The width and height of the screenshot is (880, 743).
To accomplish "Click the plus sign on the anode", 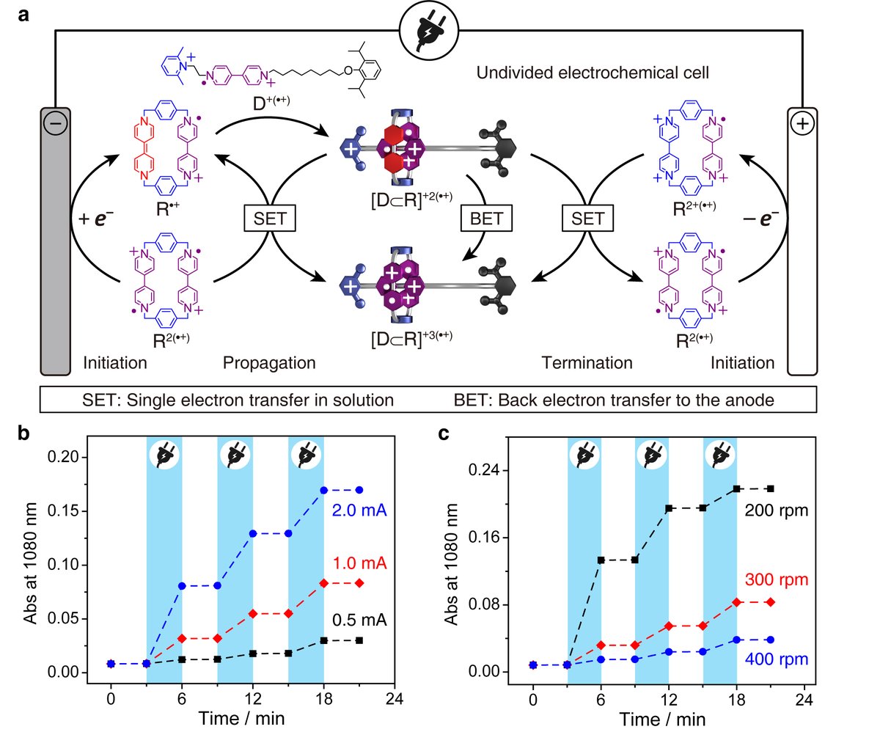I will pos(802,123).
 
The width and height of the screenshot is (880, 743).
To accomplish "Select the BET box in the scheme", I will pos(487,219).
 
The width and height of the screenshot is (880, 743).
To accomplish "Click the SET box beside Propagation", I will pos(270,219).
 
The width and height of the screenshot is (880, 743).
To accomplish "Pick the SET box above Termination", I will pos(587,219).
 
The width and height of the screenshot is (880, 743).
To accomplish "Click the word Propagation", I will pos(269,363).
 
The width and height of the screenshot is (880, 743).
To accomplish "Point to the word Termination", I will pos(587,363).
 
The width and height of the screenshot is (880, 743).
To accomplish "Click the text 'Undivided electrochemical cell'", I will pos(593,73).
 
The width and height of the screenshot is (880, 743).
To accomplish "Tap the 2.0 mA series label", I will pos(359,510).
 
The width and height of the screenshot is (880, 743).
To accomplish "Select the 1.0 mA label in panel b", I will pos(359,564).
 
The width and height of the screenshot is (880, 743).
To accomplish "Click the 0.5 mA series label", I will pos(359,620).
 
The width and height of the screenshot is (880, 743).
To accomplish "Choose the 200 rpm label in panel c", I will pos(776,510).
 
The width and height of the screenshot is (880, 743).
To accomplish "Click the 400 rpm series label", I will pos(776,659).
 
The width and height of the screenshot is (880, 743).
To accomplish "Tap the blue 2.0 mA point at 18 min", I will pos(323,490).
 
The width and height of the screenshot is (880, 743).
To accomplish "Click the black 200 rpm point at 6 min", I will pos(601,560).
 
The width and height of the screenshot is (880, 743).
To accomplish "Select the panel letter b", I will pos(23,433).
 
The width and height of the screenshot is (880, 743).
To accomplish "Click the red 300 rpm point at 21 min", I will pos(770,602).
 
